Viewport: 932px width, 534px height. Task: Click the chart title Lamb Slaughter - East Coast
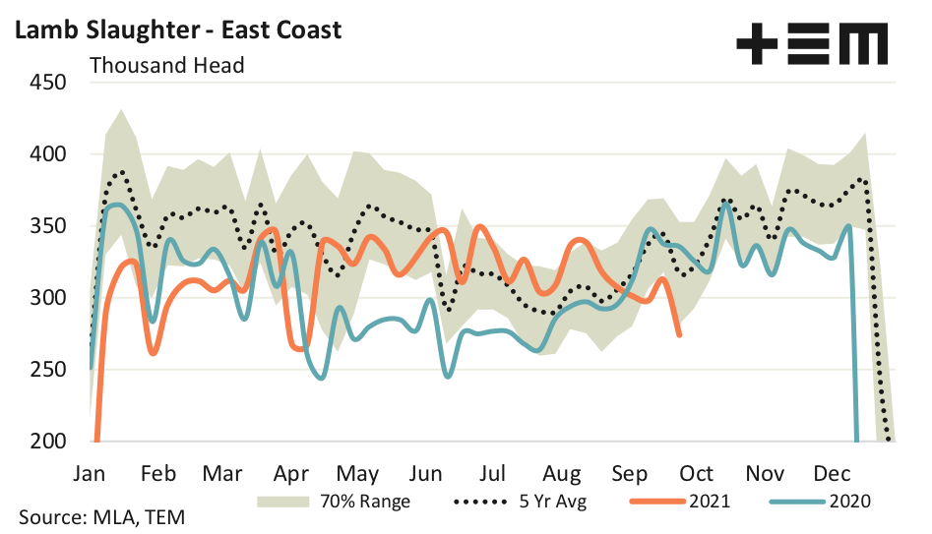click(x=177, y=30)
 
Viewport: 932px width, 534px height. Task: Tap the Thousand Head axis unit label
click(x=166, y=66)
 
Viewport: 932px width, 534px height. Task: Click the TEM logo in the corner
click(x=812, y=45)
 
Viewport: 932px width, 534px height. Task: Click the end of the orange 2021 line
click(x=680, y=335)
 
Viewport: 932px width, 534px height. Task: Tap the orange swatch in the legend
click(x=657, y=502)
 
